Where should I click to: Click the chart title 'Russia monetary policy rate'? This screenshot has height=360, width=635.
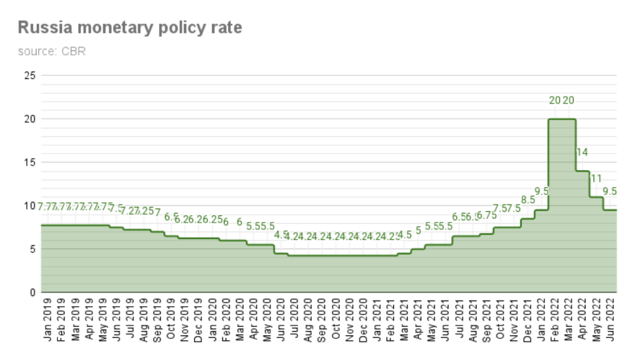(x=129, y=28)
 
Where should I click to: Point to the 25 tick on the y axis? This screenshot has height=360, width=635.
(x=30, y=75)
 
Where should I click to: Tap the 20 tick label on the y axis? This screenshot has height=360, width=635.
(x=30, y=119)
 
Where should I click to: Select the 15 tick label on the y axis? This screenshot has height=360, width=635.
(x=30, y=162)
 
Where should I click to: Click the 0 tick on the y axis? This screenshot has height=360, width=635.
(x=32, y=292)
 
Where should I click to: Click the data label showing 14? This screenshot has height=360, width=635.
(x=582, y=152)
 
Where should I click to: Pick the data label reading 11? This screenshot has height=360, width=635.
(x=596, y=178)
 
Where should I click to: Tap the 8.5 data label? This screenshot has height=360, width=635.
(x=528, y=200)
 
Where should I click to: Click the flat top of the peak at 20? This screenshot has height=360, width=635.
(x=562, y=119)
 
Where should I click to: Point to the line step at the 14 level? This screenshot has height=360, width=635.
(x=583, y=171)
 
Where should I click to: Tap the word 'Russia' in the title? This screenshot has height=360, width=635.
(x=42, y=28)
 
